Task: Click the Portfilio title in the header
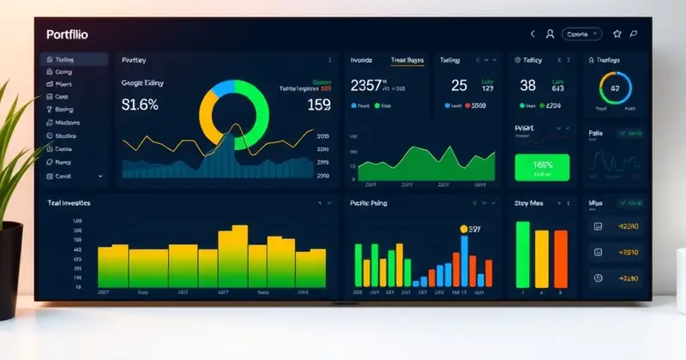[x=68, y=34]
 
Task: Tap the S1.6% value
[x=140, y=105]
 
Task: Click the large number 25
[x=459, y=85]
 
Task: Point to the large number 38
[x=527, y=85]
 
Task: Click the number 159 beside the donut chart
[x=318, y=105]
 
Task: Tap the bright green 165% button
[x=542, y=167]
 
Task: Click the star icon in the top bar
[x=617, y=34]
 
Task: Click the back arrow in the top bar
[x=533, y=34]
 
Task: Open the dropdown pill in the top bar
[x=582, y=34]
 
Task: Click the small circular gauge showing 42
[x=614, y=88]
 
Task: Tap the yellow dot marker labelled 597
[x=464, y=229]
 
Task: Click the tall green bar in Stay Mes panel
[x=522, y=254]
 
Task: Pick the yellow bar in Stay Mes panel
[x=541, y=258]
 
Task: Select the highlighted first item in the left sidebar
[x=75, y=60]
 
